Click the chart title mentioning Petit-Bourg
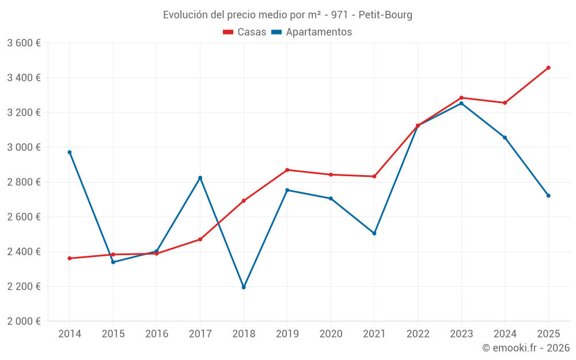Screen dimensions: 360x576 click(x=287, y=15)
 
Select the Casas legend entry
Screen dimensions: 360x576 click(x=245, y=32)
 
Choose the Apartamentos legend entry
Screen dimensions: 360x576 click(x=312, y=32)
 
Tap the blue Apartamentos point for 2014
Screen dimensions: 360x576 click(x=70, y=152)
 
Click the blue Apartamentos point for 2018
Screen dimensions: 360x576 click(x=244, y=287)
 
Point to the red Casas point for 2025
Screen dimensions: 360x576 click(x=548, y=67)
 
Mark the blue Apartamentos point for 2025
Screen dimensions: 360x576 click(x=548, y=196)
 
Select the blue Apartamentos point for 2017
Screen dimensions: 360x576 click(x=200, y=178)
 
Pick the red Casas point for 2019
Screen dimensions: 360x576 click(x=287, y=170)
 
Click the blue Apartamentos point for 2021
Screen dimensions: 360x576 click(x=374, y=233)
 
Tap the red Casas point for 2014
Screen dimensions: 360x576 click(x=70, y=258)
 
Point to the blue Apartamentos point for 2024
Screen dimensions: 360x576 click(x=505, y=138)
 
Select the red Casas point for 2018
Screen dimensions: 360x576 click(x=244, y=200)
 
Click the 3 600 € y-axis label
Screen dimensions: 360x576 click(x=24, y=43)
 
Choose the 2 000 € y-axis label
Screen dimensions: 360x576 click(x=24, y=321)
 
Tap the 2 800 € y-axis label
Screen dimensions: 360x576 click(x=24, y=182)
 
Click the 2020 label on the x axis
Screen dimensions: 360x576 click(x=331, y=334)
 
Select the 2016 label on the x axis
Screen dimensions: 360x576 click(x=157, y=334)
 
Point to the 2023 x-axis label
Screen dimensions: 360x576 click(x=461, y=334)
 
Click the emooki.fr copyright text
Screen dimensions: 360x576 click(x=526, y=348)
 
